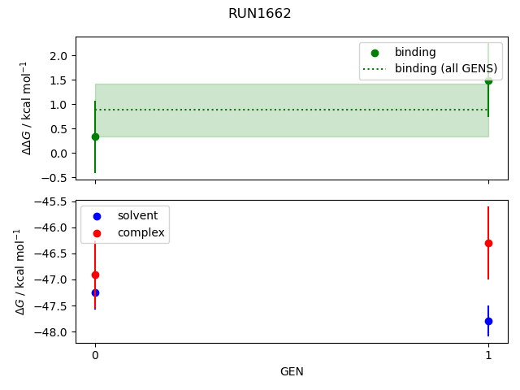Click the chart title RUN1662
(259, 14)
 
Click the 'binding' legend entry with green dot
(415, 53)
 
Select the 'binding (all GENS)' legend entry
(445, 68)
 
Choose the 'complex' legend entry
(141, 232)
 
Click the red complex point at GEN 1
(488, 243)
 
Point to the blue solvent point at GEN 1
(488, 321)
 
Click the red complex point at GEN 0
(95, 275)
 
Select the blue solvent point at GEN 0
(95, 292)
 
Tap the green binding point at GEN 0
(95, 136)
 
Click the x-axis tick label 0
(95, 355)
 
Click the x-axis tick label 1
(488, 355)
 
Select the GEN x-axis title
(292, 371)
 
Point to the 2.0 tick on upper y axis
(58, 55)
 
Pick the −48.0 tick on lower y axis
(52, 332)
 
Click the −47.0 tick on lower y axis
(52, 279)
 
